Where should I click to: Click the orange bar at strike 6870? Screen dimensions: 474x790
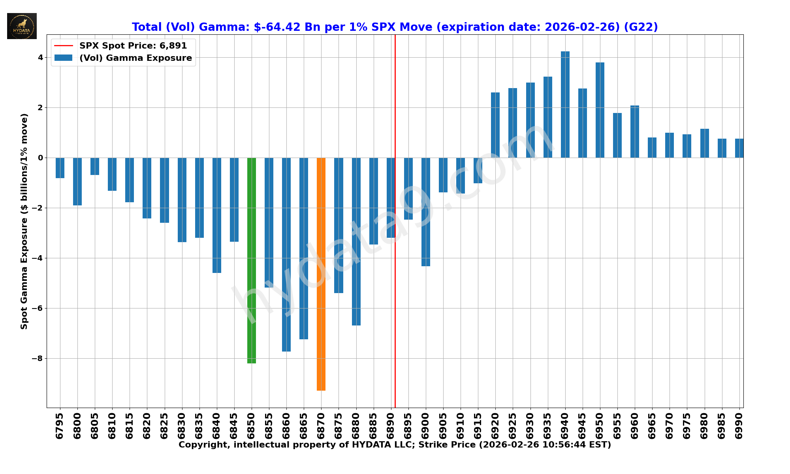point(321,274)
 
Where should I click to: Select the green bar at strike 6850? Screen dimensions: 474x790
point(252,261)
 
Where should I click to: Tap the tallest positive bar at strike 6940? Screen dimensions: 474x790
point(565,105)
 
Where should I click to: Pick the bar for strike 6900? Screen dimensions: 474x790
point(426,212)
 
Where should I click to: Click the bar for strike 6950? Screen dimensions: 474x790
point(600,110)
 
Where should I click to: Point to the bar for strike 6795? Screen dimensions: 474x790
point(60,168)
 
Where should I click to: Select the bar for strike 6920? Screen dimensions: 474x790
point(495,125)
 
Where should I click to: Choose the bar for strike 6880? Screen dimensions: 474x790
point(356,242)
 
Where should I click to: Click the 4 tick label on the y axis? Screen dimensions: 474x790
point(40,58)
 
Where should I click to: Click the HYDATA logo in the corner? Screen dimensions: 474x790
point(22,26)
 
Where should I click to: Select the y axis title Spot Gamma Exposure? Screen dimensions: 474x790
point(24,221)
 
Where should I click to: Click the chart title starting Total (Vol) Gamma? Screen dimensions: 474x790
point(395,27)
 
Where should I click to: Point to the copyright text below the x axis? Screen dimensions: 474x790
point(395,445)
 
